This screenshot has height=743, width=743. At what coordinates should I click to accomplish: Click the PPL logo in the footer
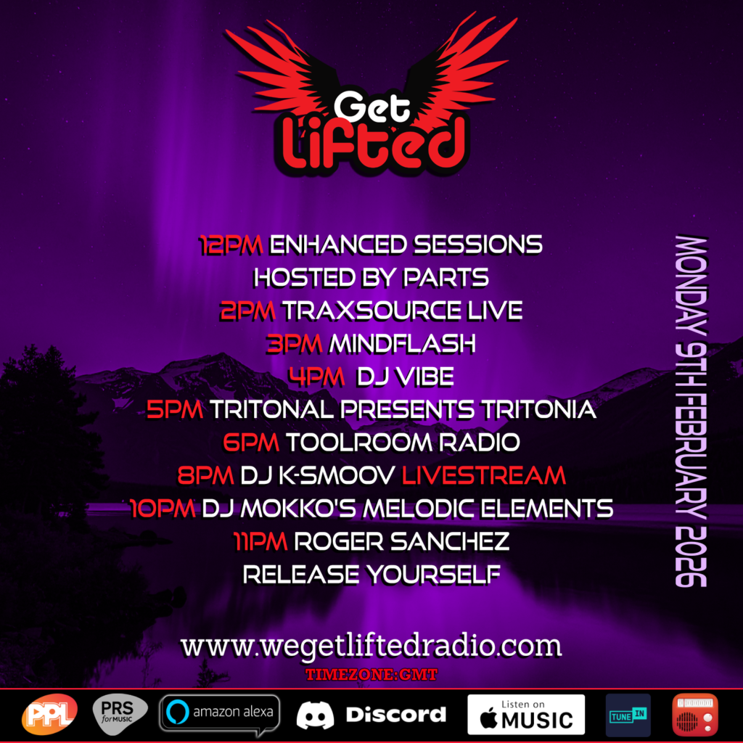click(49, 715)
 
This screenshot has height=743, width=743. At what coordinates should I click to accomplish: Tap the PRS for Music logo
click(120, 715)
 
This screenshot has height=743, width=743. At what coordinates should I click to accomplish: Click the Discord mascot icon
click(315, 715)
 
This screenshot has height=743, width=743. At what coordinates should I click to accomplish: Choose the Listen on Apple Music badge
click(526, 715)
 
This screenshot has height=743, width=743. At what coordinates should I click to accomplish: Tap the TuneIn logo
click(628, 715)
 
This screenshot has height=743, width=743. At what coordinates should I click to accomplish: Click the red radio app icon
click(695, 715)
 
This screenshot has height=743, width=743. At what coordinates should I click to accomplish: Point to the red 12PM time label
click(230, 245)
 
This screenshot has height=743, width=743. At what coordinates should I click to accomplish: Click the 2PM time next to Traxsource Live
click(247, 311)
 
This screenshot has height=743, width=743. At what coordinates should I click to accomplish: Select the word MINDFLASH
click(402, 343)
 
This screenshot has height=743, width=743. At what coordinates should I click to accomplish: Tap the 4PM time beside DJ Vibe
click(316, 377)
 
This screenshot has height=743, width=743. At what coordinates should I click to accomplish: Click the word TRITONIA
click(539, 409)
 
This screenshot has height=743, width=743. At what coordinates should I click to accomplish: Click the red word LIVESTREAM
click(484, 475)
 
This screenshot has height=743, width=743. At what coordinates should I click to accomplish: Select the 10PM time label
click(163, 509)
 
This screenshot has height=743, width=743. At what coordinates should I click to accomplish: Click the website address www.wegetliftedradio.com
click(371, 646)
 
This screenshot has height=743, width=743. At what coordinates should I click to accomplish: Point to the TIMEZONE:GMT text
click(371, 674)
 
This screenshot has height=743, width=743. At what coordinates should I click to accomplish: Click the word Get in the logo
click(372, 106)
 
